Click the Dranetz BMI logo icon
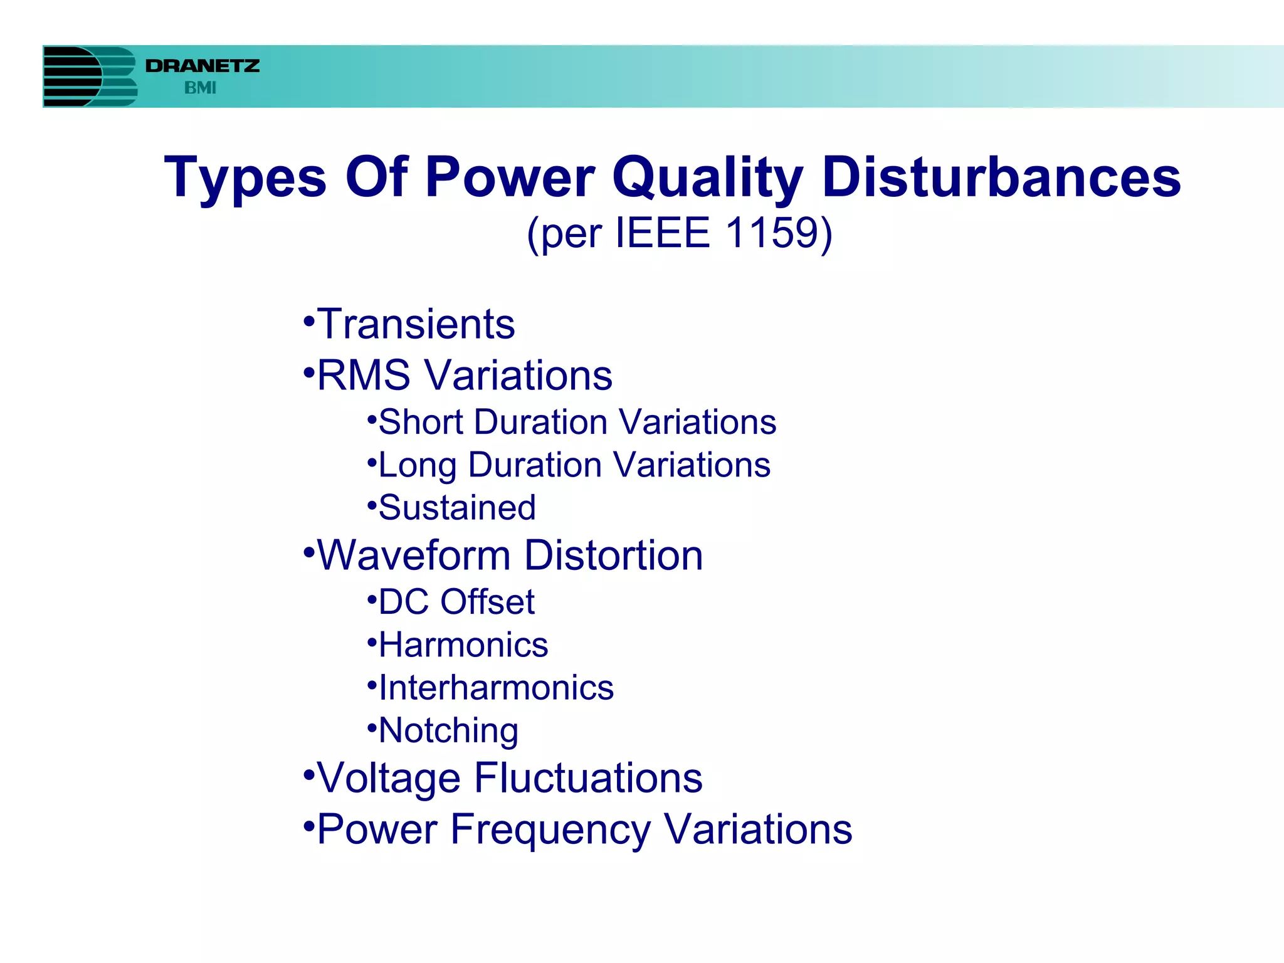click(x=90, y=76)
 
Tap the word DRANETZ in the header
click(x=203, y=66)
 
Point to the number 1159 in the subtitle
click(x=771, y=233)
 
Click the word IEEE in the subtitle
click(x=662, y=233)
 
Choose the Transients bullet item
click(x=416, y=324)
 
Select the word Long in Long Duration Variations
click(x=418, y=465)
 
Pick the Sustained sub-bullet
click(x=457, y=507)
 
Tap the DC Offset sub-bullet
click(x=456, y=602)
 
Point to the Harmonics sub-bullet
click(x=463, y=645)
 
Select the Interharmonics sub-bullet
click(x=496, y=688)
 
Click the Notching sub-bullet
click(x=448, y=730)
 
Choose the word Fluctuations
click(x=588, y=778)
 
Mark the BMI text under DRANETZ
click(x=200, y=88)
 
